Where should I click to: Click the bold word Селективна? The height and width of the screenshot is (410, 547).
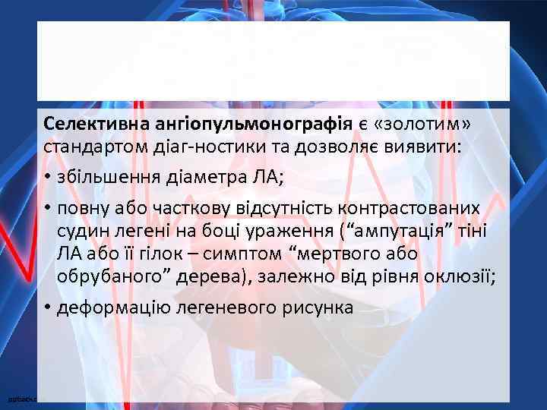pyautogui.click(x=88, y=123)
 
